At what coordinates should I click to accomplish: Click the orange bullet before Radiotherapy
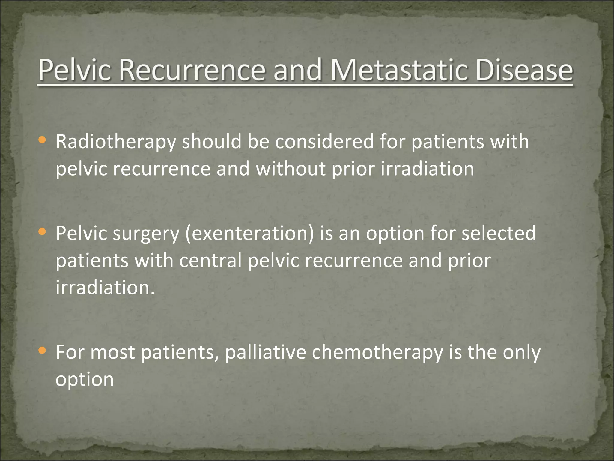43,140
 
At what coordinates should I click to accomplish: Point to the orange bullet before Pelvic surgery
43,231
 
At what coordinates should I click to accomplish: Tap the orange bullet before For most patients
43,350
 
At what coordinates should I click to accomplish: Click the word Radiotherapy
116,142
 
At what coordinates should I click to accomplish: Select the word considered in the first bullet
324,142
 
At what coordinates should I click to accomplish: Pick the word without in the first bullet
290,169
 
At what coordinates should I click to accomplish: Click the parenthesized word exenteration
249,233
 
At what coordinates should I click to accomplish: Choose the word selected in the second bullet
498,233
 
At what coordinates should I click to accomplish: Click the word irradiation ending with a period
105,287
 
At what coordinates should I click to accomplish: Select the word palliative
265,352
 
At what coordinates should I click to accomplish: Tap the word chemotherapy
377,352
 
